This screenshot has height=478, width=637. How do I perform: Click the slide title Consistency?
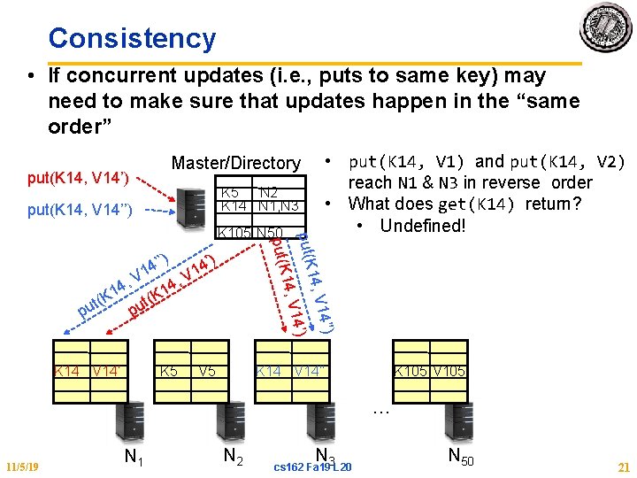click(132, 38)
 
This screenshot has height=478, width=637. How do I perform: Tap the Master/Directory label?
click(235, 163)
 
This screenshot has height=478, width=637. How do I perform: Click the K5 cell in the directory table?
click(229, 193)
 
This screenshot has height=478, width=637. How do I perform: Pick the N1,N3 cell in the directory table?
click(280, 206)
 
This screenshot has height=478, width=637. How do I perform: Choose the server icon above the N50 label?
click(456, 417)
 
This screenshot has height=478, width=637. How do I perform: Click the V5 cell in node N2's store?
click(207, 372)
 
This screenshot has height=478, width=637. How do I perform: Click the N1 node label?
click(134, 457)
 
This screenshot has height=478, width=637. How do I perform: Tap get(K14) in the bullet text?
click(480, 204)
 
